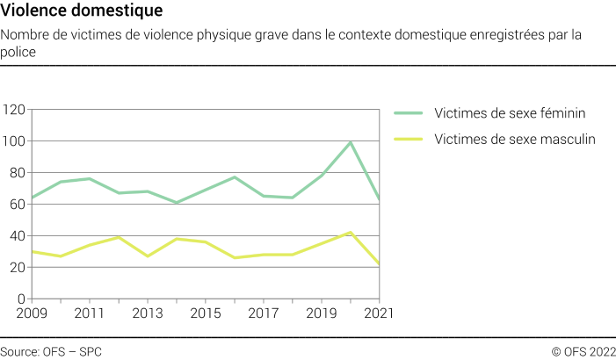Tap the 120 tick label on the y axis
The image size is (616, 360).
coord(13,110)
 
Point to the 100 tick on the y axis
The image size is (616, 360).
coord(13,141)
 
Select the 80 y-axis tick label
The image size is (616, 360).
coord(16,173)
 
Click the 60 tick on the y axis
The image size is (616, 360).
coord(16,205)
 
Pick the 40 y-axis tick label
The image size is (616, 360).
coord(16,236)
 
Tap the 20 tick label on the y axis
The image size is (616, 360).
coord(16,268)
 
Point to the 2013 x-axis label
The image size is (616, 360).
coord(147,313)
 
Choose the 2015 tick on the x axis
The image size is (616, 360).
coord(205,313)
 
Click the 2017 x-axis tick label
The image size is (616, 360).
coord(264,313)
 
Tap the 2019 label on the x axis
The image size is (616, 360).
coord(322,313)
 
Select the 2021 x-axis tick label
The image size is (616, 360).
coord(378,313)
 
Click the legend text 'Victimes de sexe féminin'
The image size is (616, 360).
coord(510,113)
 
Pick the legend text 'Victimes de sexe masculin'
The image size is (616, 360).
coord(515,139)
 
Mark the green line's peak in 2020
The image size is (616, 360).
coord(351,142)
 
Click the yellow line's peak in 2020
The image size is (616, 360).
coord(351,233)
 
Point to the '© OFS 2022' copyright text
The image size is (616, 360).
coord(583,351)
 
